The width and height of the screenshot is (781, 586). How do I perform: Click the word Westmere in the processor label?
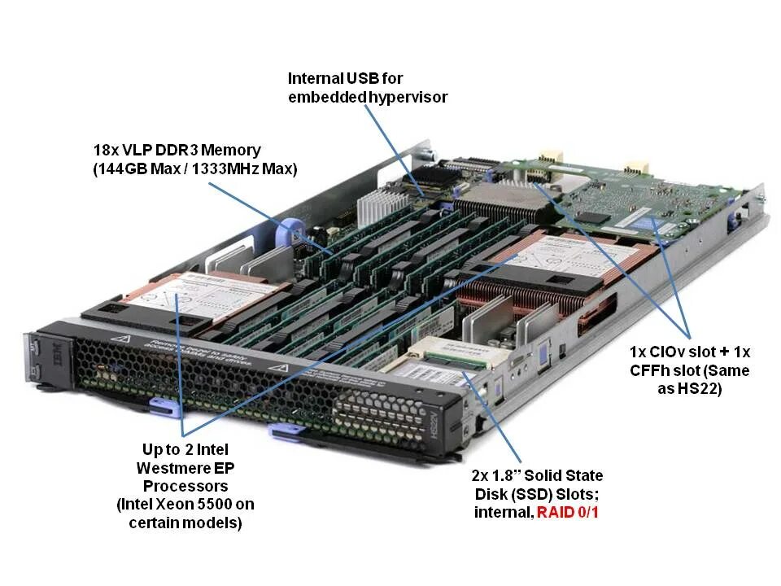168,467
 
